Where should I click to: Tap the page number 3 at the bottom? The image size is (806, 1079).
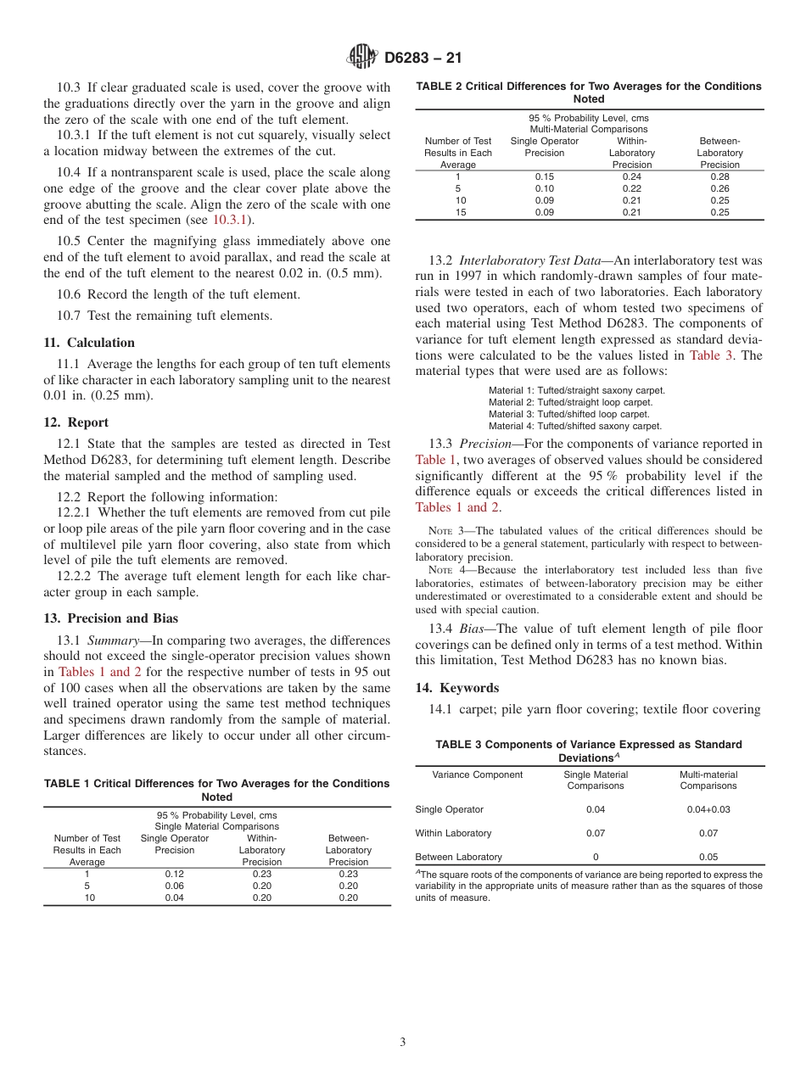(x=403, y=1042)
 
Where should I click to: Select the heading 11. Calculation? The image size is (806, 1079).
(x=89, y=343)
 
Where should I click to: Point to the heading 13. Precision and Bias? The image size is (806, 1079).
(x=110, y=618)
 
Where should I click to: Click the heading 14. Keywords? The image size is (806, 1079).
(x=456, y=688)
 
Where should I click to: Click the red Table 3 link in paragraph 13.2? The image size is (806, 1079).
(x=712, y=355)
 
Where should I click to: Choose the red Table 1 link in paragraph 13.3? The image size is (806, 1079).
(x=435, y=460)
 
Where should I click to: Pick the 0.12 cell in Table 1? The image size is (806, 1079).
(x=174, y=874)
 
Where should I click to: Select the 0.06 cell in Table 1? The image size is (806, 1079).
(x=174, y=886)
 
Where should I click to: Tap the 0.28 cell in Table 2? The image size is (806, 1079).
(x=719, y=176)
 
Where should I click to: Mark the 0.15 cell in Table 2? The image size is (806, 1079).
(x=544, y=176)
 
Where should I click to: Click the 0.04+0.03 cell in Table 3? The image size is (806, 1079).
(x=708, y=809)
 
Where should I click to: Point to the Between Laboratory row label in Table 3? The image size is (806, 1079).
(x=458, y=857)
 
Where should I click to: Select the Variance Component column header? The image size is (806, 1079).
(x=477, y=774)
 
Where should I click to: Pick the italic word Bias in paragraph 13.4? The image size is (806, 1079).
(x=473, y=629)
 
